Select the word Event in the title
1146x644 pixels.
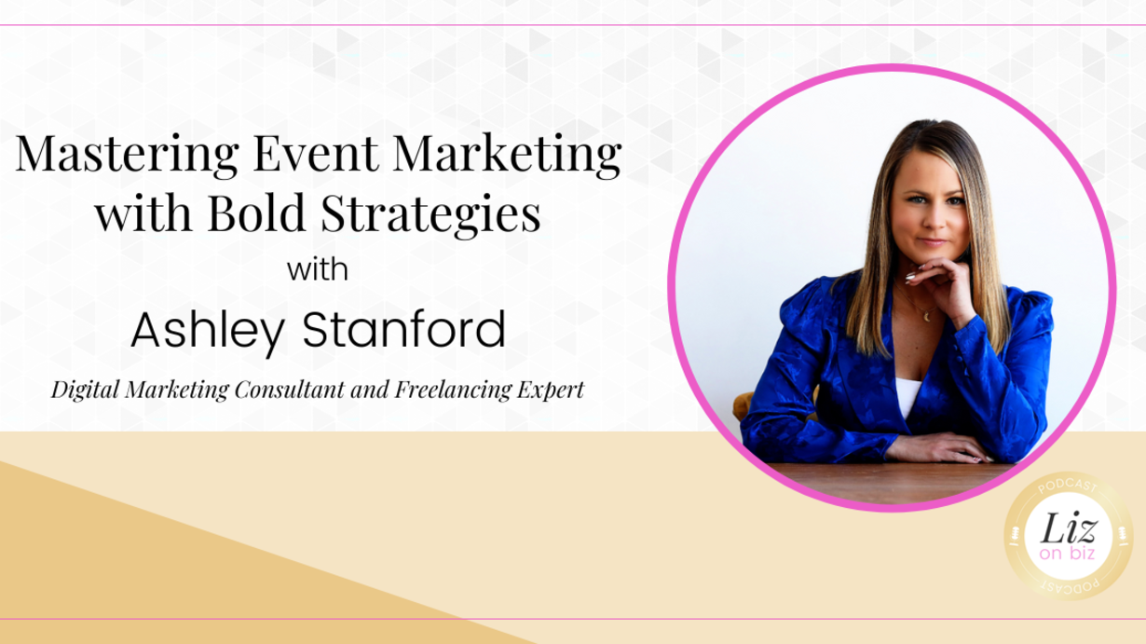click(316, 153)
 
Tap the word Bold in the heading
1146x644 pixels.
click(257, 212)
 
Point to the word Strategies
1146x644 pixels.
click(430, 215)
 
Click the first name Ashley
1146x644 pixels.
click(208, 331)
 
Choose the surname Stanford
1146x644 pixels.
click(404, 329)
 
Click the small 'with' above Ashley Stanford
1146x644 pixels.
click(318, 269)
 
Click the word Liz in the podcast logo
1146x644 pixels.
click(1068, 528)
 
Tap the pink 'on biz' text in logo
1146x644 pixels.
click(1067, 554)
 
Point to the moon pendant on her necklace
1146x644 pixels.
click(926, 317)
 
